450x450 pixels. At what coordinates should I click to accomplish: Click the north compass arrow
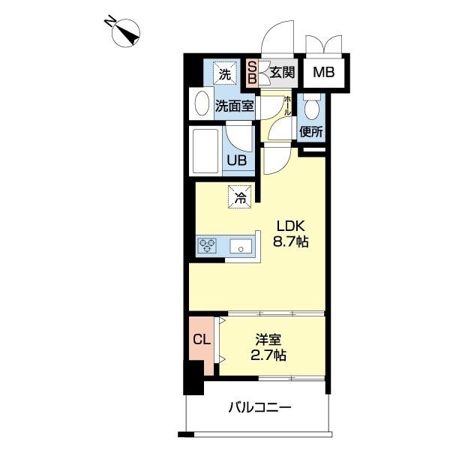(x=123, y=32)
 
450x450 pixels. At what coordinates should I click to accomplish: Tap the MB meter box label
(x=323, y=73)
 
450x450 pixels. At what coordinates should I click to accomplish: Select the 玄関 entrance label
(x=281, y=73)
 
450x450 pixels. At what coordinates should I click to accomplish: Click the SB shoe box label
(x=252, y=72)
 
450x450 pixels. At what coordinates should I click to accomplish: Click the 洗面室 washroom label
(x=235, y=106)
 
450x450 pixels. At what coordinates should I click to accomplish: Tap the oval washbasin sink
(x=200, y=104)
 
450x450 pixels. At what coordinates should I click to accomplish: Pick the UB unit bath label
(x=237, y=160)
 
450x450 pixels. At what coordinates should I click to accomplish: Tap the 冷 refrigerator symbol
(x=241, y=199)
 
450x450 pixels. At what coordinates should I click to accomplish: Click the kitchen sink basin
(x=241, y=246)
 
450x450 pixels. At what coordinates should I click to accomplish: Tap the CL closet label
(x=201, y=338)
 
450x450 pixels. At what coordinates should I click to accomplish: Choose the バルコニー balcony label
(x=259, y=408)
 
